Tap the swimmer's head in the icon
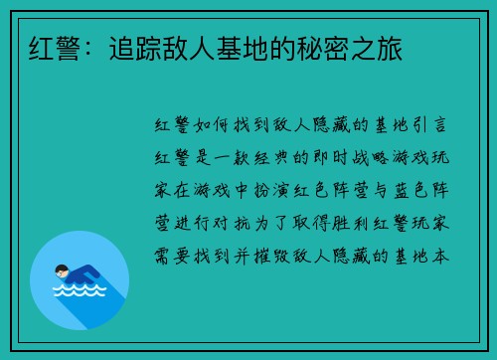(62, 270)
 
